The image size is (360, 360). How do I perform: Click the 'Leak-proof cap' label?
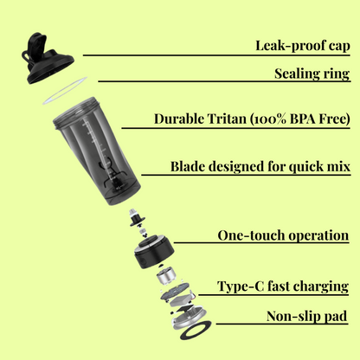click(x=301, y=44)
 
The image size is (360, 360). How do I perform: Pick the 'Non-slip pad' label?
click(x=307, y=317)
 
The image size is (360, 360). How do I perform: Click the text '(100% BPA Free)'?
click(x=299, y=119)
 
